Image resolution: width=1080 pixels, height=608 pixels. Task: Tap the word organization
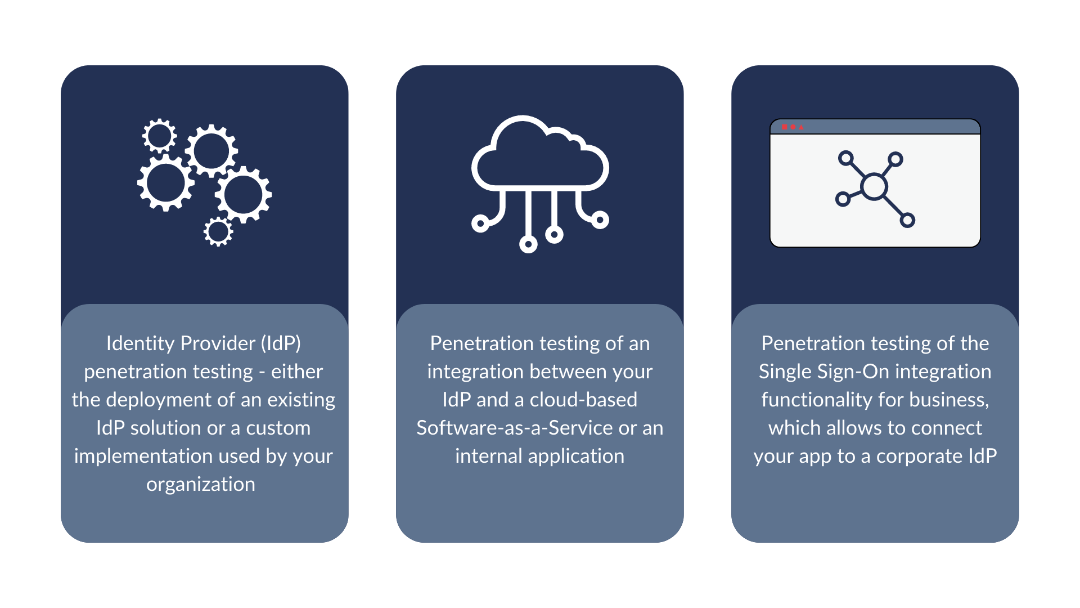[x=201, y=485]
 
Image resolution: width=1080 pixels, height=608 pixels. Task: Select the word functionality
[x=816, y=400]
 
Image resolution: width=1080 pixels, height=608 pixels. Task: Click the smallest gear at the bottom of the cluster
[x=218, y=231]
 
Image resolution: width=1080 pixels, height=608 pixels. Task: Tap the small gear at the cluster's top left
[x=159, y=136]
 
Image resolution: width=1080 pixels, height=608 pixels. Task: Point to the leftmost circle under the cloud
[x=480, y=223]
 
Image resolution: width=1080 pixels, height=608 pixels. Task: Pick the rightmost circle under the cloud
[x=600, y=220]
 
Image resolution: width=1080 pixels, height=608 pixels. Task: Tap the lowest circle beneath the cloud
[x=528, y=244]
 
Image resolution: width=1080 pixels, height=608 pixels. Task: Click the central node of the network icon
[x=874, y=187]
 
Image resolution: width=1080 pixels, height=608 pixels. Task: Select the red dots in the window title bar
[x=793, y=127]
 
